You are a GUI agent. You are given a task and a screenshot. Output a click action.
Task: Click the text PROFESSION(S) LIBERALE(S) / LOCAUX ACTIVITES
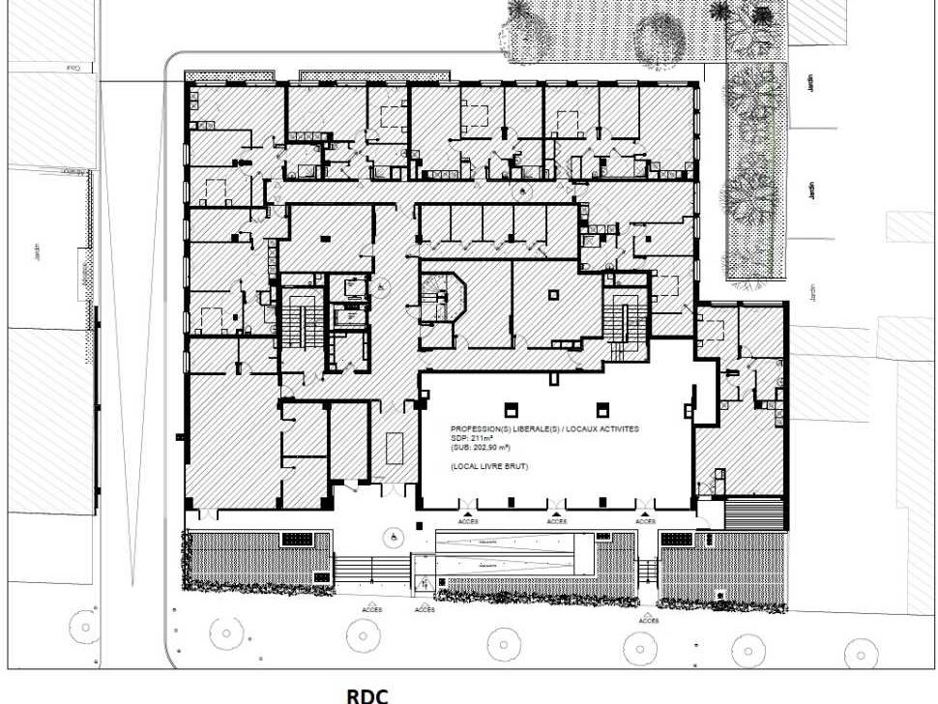point(544,427)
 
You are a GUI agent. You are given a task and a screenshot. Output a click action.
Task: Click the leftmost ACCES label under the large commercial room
point(468,521)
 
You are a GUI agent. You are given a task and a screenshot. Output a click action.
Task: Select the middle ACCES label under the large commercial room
point(556,521)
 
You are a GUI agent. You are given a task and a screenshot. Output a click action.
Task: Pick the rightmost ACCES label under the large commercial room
point(646,521)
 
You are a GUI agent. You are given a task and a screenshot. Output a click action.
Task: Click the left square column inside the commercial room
point(511,408)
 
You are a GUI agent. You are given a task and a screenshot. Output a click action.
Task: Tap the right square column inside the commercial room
point(602,408)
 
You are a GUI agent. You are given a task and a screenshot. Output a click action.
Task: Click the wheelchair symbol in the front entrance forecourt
point(395,533)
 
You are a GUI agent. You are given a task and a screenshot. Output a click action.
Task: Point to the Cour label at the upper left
point(73,68)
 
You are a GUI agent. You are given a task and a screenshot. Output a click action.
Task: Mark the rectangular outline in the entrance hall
point(394,450)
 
